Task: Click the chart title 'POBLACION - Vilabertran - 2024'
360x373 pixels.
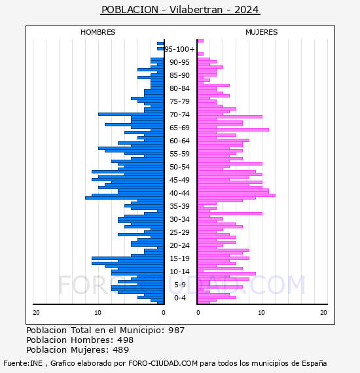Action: tap(180, 10)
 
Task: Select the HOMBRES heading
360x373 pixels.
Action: tap(98, 32)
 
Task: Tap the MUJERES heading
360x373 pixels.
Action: tap(262, 32)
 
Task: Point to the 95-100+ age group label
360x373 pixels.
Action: tap(179, 49)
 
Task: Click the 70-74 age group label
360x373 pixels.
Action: tap(179, 115)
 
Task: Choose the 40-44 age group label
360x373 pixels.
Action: tap(179, 193)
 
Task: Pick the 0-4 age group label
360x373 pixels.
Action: tap(180, 298)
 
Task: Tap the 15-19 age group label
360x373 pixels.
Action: tap(179, 258)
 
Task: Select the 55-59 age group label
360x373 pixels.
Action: tap(179, 154)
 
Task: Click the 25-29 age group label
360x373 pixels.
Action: tap(179, 232)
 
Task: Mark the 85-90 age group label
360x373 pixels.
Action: tap(179, 75)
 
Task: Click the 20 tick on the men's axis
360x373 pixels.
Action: tap(36, 313)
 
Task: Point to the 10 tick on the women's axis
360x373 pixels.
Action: tap(261, 313)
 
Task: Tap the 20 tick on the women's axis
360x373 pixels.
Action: tap(323, 313)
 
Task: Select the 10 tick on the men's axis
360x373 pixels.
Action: tap(98, 313)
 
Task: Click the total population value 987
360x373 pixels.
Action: tap(176, 330)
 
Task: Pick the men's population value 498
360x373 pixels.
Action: tap(126, 340)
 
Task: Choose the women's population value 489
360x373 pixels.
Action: tap(121, 349)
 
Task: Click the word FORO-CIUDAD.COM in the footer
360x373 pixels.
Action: tap(163, 363)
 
